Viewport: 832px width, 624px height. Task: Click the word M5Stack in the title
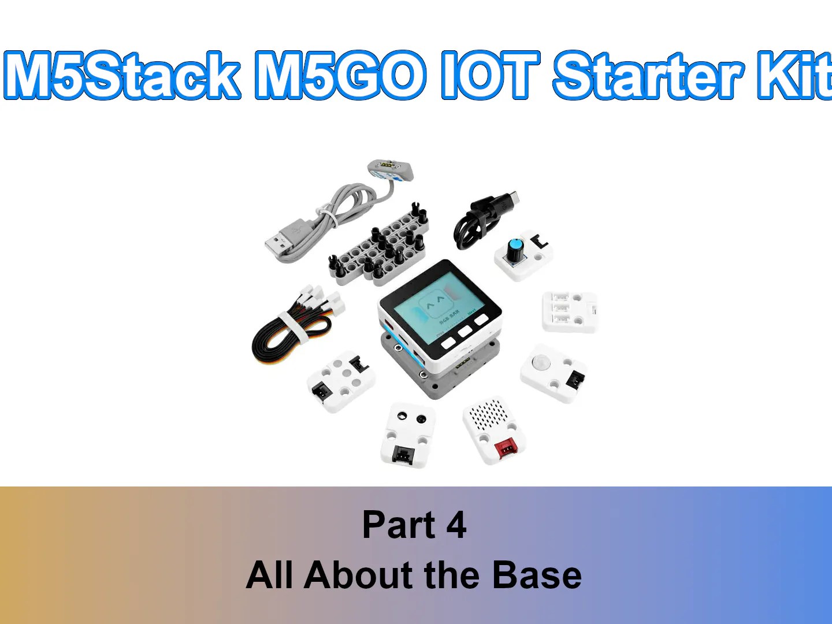point(122,75)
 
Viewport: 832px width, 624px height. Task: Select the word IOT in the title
point(491,75)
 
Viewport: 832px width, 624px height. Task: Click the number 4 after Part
point(456,525)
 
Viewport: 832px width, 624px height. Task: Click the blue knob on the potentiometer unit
point(514,250)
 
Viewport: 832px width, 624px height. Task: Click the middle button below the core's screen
point(464,332)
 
